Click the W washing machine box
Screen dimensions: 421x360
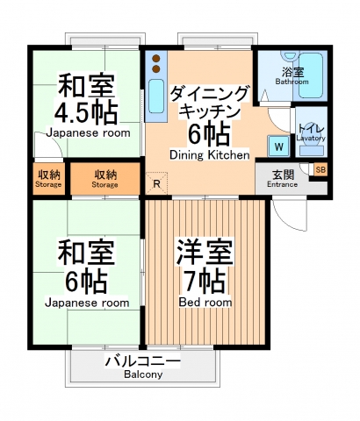279,146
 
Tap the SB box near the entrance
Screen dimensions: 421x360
320,169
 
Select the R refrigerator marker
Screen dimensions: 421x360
156,183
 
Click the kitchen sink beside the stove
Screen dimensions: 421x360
156,96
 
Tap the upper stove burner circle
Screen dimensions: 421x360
156,59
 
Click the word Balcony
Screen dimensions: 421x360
142,375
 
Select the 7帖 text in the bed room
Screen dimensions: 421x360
205,281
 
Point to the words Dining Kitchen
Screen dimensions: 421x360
210,154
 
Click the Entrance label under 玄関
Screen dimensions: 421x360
283,184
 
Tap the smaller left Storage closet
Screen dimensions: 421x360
48,179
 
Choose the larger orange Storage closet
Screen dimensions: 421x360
105,179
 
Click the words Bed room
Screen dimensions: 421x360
205,302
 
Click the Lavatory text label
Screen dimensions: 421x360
311,138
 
